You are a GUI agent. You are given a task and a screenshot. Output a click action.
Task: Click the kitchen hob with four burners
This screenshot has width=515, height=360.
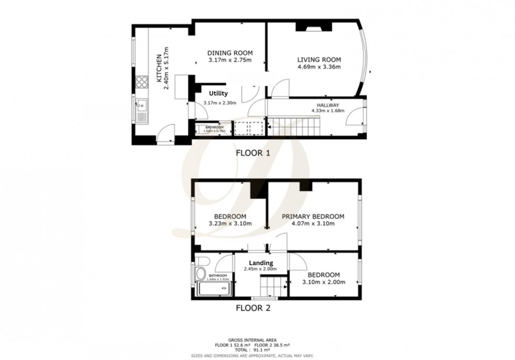tap(142, 81)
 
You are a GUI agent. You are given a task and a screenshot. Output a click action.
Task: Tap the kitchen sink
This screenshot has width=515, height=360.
tap(142, 110)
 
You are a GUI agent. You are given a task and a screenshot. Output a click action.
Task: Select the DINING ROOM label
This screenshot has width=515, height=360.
tap(230, 53)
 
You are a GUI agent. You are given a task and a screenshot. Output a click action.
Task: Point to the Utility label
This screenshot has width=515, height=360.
tap(218, 93)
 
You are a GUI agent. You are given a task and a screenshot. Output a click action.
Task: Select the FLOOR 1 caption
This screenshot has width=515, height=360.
tap(253, 154)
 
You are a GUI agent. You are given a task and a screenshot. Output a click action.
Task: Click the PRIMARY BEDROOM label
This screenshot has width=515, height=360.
tap(313, 216)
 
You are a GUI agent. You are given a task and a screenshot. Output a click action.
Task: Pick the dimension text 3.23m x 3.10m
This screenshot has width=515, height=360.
tap(230, 223)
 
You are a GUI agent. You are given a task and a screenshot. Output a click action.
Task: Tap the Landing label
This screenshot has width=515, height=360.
tap(260, 263)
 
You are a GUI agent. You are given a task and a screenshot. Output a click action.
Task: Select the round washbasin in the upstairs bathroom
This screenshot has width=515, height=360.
tap(199, 274)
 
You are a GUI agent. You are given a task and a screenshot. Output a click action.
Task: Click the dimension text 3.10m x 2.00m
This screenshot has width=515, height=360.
tap(323, 282)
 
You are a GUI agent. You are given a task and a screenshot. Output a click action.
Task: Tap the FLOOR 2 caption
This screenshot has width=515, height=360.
tap(253, 308)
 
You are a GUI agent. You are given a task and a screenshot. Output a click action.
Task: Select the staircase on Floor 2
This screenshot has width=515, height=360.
tap(273, 287)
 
